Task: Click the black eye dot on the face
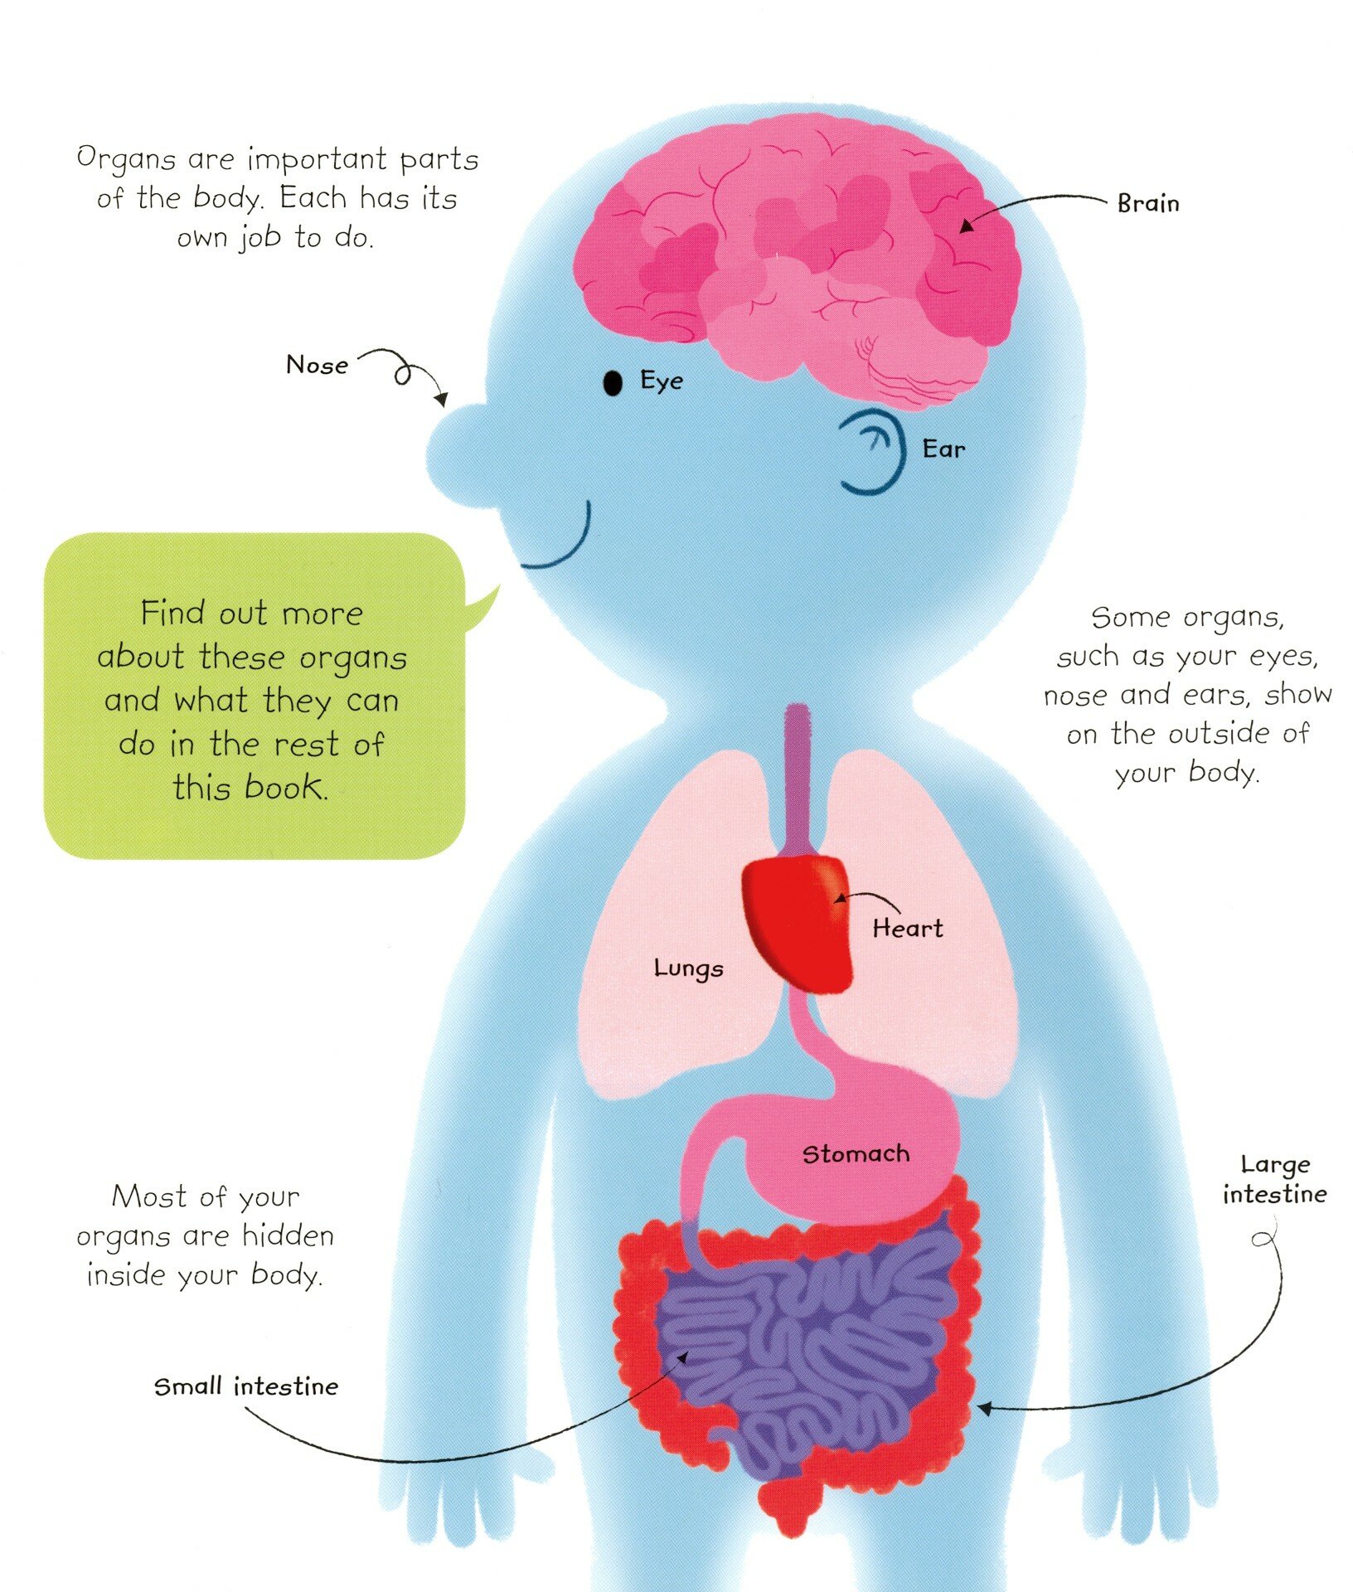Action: point(612,383)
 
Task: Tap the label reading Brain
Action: point(1148,204)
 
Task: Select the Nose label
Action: point(317,365)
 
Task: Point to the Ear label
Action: point(943,449)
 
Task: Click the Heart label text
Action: point(908,929)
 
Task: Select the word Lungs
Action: point(688,968)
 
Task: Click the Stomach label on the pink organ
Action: point(856,1154)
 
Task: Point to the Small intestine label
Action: point(246,1387)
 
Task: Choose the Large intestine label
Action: point(1275,1180)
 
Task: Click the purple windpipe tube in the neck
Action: point(797,771)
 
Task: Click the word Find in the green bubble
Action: point(172,614)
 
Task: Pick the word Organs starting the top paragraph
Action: point(126,158)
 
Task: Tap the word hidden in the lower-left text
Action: point(288,1236)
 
